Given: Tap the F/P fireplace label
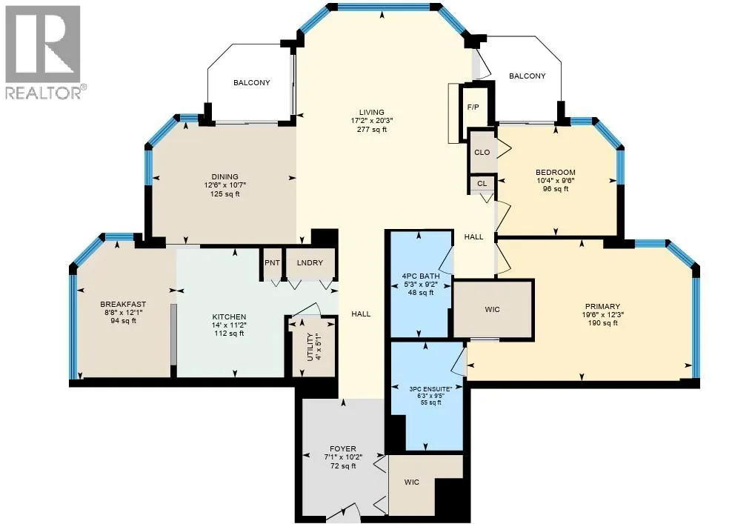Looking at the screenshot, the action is pos(473,107).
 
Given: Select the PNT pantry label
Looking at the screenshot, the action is pos(273,262).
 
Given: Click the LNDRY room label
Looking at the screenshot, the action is pos(310,262).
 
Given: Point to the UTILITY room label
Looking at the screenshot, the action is pos(310,347).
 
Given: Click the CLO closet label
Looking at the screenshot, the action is pos(482,152).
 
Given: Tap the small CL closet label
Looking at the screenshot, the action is pos(482,183).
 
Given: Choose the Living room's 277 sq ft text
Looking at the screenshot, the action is pos(372,130).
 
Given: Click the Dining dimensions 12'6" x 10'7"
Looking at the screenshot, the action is pos(225,185).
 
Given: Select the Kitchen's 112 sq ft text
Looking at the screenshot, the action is pos(229,333).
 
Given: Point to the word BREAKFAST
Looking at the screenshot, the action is pos(123,304).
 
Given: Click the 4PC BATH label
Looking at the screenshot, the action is pos(421,276).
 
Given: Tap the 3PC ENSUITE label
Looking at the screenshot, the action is pos(430,389).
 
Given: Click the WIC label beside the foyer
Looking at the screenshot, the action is pos(411,482).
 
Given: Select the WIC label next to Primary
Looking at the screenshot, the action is pos(493,310).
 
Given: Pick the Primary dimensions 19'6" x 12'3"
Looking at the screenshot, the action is pos(603,315).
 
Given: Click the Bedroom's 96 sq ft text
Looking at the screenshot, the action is pos(556,188).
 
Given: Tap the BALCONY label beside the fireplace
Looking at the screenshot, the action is pos(527,76).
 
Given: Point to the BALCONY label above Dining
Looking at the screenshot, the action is pos(252,82).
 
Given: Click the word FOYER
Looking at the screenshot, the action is pos(343,449).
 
